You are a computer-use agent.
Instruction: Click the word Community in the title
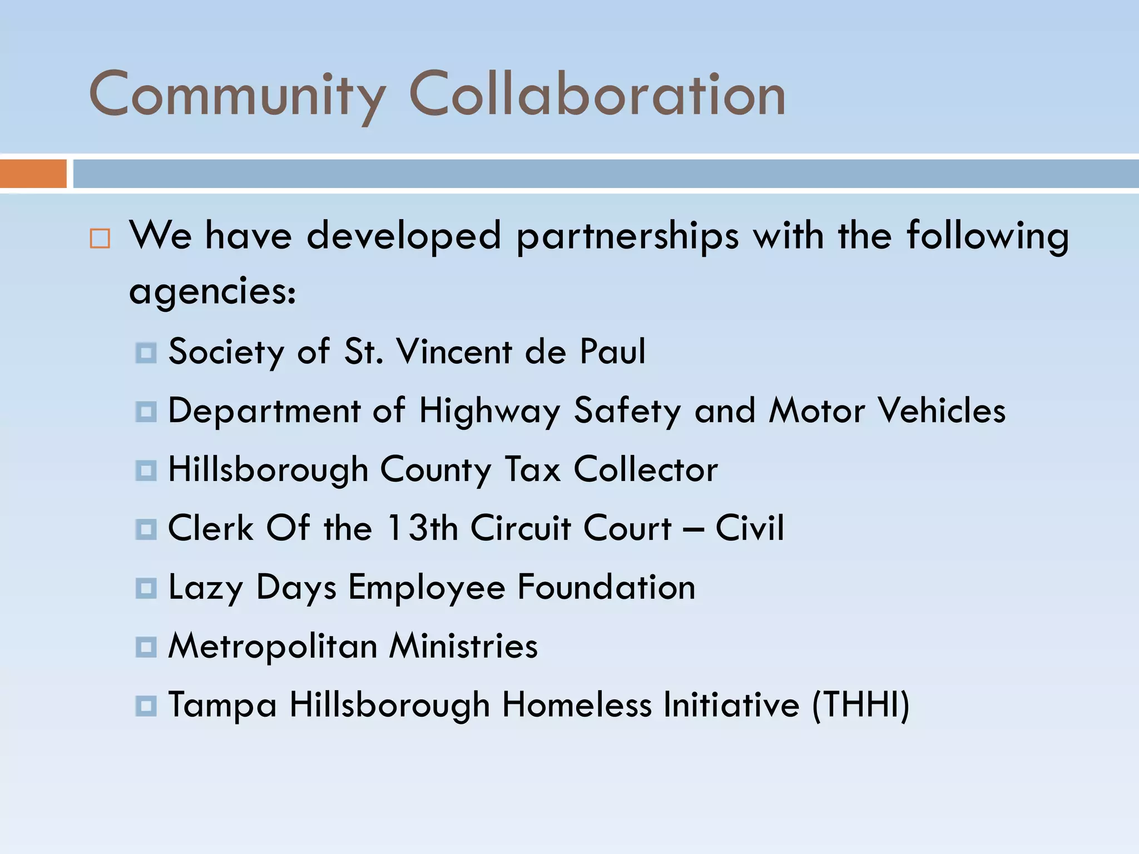pos(237,95)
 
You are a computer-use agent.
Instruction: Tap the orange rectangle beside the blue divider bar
pos(33,173)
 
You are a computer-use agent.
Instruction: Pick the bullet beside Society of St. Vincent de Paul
pos(146,353)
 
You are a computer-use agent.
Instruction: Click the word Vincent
pos(454,351)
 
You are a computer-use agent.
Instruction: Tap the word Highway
pos(489,411)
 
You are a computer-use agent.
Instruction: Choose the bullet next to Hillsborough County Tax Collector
pos(146,470)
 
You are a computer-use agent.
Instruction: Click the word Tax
pos(532,469)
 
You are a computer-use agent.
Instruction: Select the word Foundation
pos(606,587)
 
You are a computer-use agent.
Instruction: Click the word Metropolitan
pos(273,646)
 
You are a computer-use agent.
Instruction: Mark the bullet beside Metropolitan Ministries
pos(146,647)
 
